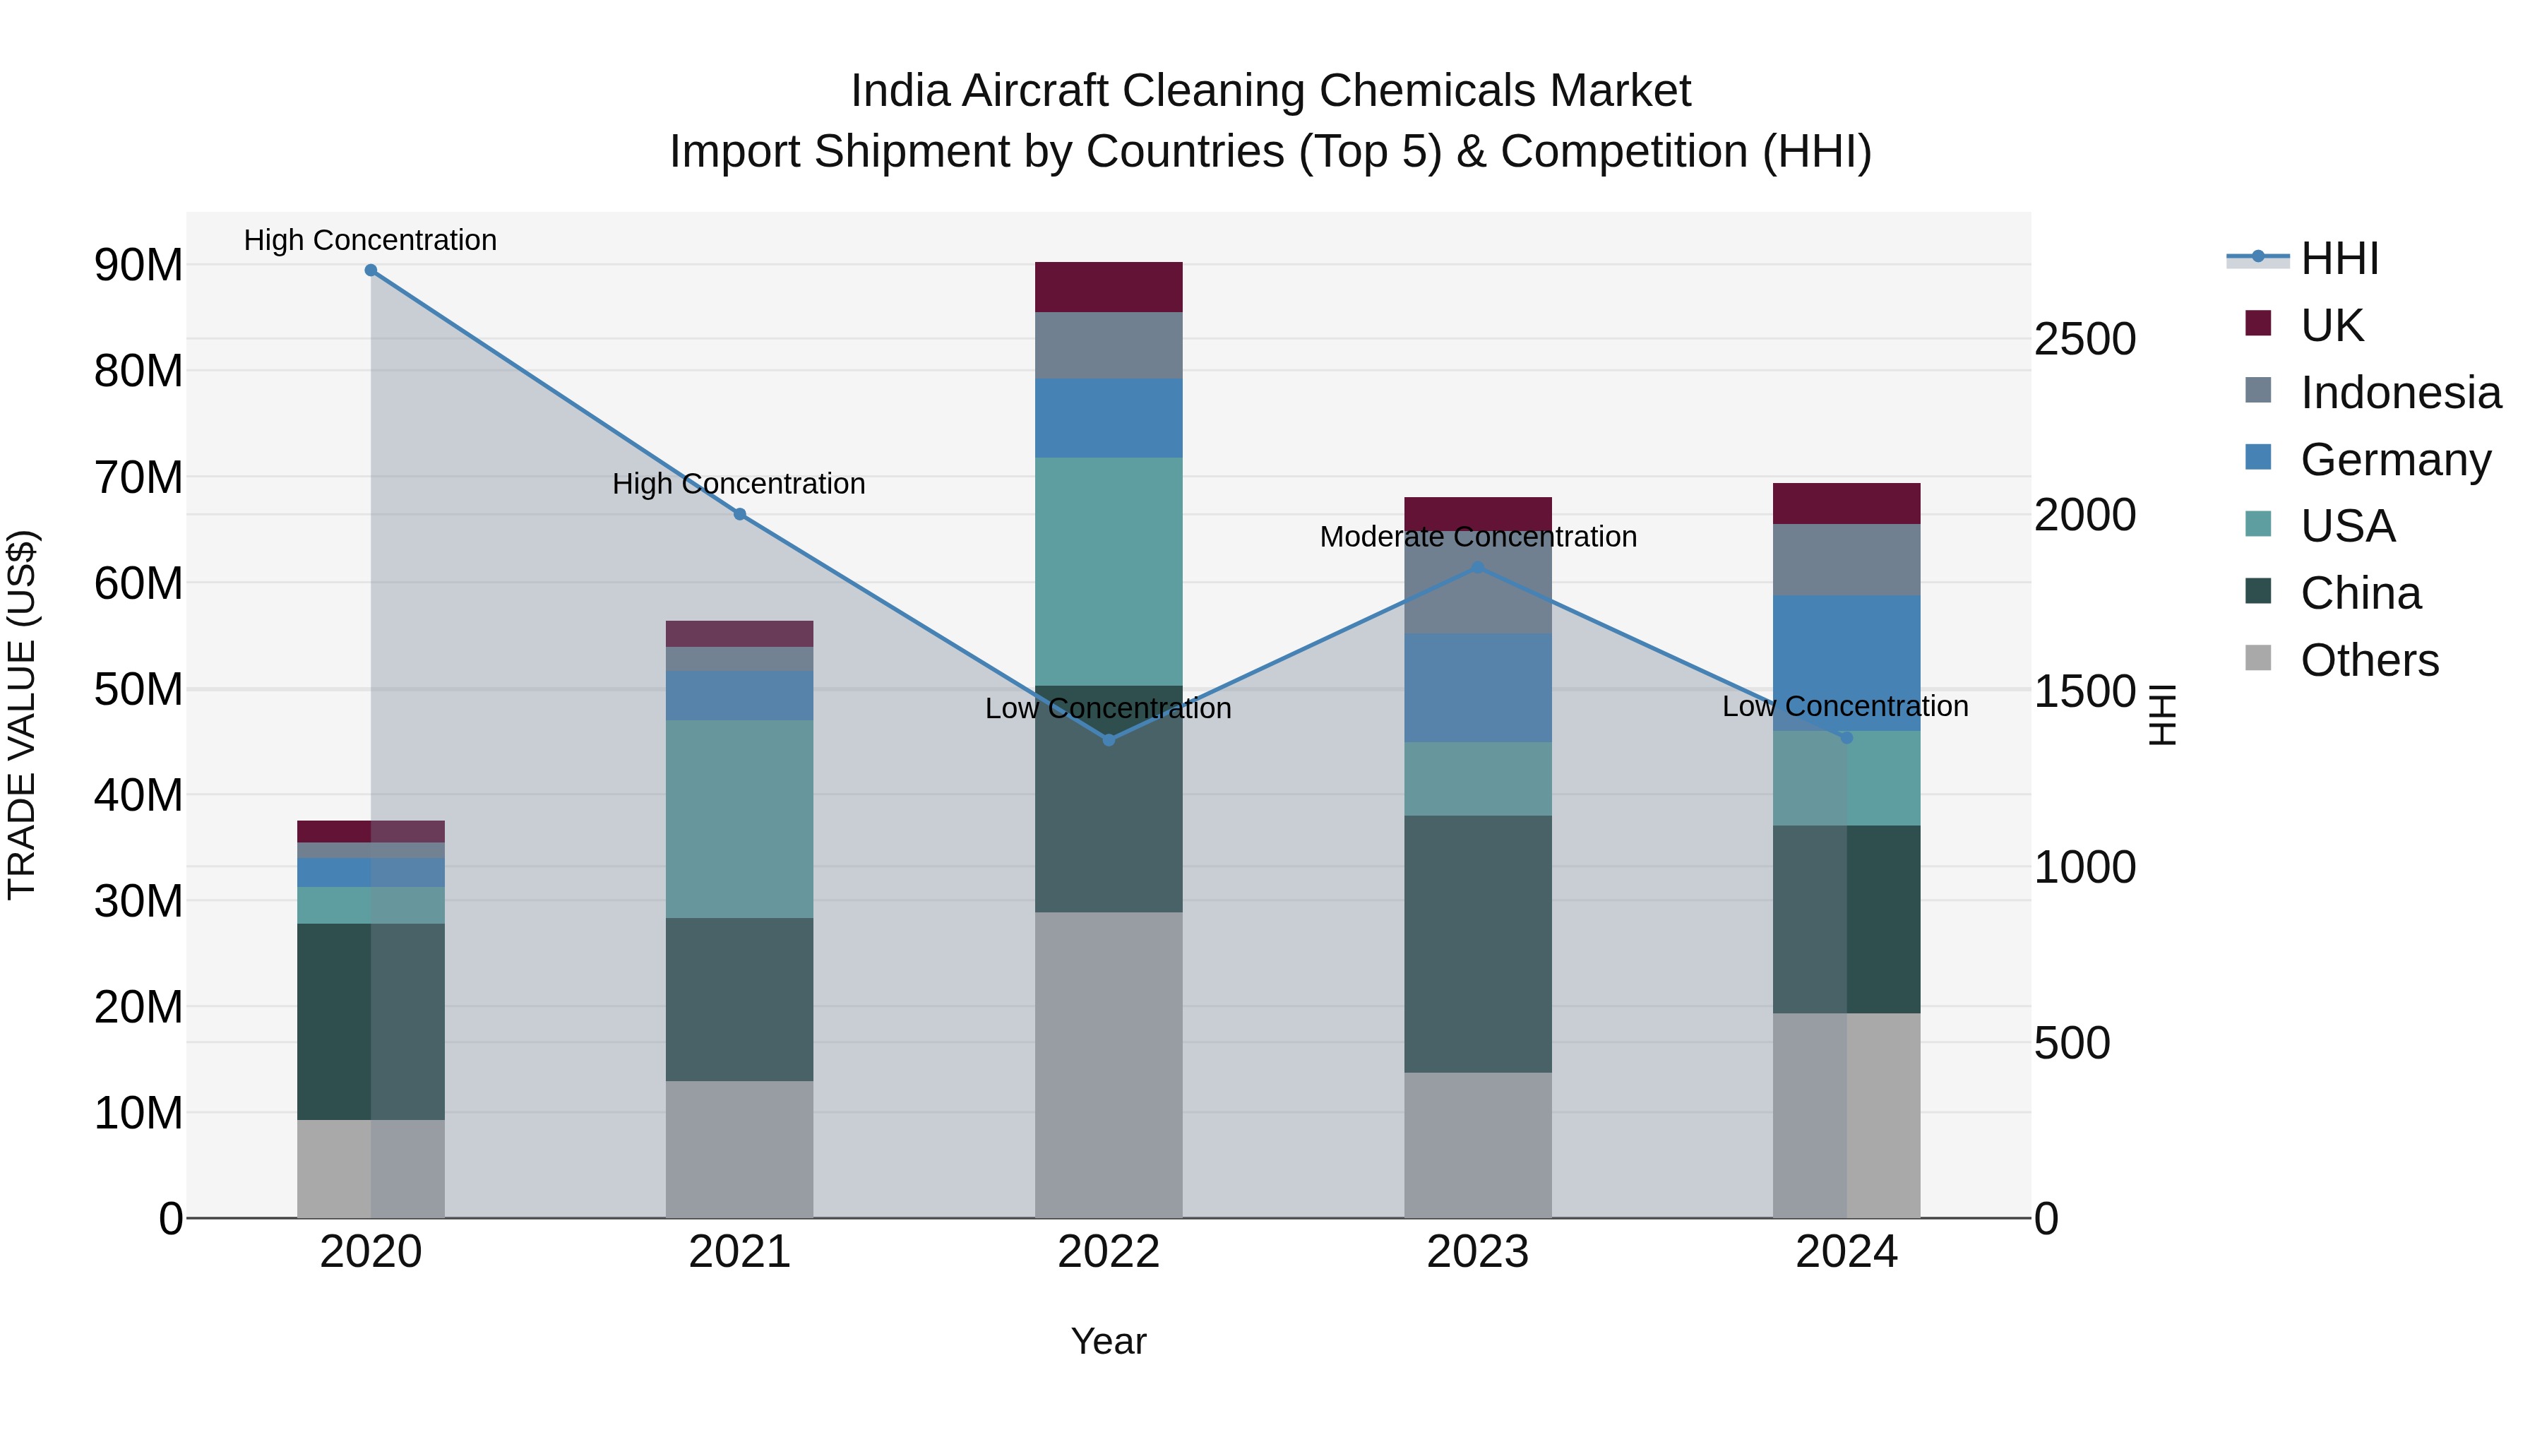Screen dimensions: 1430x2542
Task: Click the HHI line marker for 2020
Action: [371, 270]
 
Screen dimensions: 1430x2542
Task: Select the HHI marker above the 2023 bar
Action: [1477, 568]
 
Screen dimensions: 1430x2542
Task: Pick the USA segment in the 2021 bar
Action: [739, 819]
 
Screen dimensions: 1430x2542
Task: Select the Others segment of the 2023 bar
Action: [1477, 1145]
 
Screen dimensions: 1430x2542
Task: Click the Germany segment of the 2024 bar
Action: [1846, 663]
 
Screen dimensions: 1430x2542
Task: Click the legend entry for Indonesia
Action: [2400, 393]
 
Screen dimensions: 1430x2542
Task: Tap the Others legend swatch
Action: [2258, 658]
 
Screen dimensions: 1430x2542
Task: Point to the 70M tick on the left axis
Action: [138, 477]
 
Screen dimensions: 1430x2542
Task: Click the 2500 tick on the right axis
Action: [2084, 340]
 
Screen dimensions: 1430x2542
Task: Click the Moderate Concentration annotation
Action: [1477, 537]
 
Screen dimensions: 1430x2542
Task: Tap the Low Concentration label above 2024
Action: [1844, 707]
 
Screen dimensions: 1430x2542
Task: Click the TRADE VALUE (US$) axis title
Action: [22, 715]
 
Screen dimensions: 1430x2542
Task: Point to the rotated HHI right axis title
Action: [2162, 715]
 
